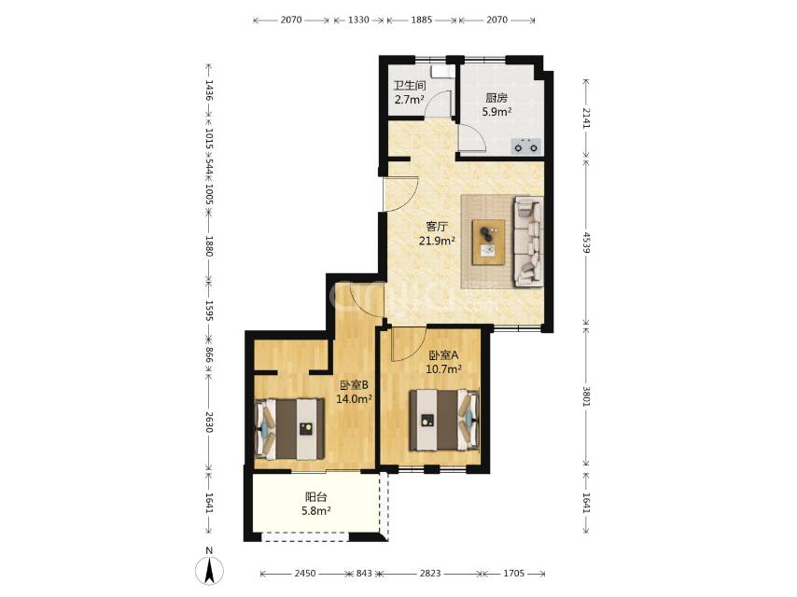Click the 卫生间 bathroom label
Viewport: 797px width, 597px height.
click(409, 86)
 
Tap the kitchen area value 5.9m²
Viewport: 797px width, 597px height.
click(496, 111)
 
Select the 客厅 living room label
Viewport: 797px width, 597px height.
click(437, 226)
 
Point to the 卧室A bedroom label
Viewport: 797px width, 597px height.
click(443, 354)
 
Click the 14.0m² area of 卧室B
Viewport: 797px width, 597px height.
click(355, 399)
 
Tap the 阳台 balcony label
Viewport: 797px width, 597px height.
click(315, 497)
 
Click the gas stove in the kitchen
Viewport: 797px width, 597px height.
click(525, 146)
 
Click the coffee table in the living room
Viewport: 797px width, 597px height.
click(488, 242)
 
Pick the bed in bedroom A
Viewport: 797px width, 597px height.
click(444, 420)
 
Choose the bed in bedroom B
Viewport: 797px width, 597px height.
click(289, 429)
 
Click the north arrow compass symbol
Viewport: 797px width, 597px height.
click(209, 570)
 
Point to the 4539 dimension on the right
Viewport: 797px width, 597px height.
click(586, 243)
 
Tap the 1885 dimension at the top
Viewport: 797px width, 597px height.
click(422, 20)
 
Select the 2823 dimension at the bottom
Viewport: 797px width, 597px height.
click(430, 574)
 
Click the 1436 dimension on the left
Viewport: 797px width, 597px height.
click(208, 90)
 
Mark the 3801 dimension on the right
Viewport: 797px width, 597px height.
click(586, 396)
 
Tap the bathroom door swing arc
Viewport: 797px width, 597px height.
click(436, 101)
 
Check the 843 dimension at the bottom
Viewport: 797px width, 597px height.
click(364, 574)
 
